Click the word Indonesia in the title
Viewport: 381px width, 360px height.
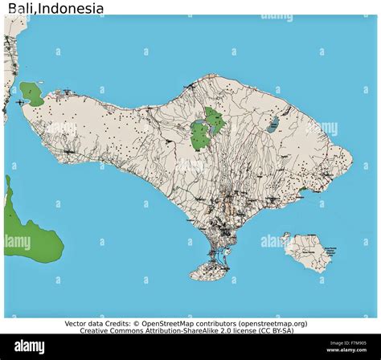72,10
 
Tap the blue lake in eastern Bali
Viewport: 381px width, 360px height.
273,124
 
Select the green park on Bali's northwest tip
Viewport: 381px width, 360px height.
33,93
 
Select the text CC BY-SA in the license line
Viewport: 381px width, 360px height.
275,331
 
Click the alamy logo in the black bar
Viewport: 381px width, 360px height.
31,347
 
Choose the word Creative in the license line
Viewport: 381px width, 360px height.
99,331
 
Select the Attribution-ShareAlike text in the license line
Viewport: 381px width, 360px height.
182,331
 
